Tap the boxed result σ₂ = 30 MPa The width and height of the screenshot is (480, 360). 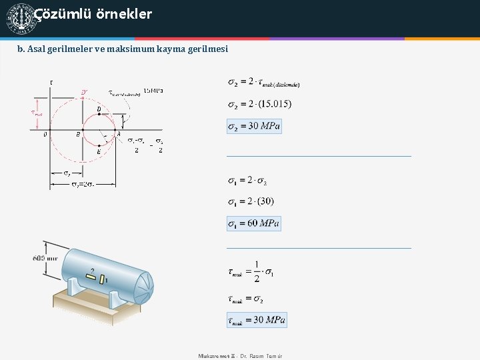tap(254, 126)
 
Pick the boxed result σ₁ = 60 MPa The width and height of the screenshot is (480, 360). tap(254, 223)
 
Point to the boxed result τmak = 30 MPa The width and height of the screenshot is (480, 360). tap(257, 320)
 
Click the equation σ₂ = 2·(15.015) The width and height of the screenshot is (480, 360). tap(259, 103)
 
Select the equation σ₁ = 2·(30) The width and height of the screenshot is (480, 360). tap(251, 201)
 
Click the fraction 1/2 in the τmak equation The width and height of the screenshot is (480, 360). tap(257, 270)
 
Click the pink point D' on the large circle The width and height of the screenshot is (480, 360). tap(83, 93)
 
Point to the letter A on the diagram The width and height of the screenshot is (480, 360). tap(119, 134)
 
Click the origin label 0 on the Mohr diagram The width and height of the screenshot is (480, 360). tap(45, 135)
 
